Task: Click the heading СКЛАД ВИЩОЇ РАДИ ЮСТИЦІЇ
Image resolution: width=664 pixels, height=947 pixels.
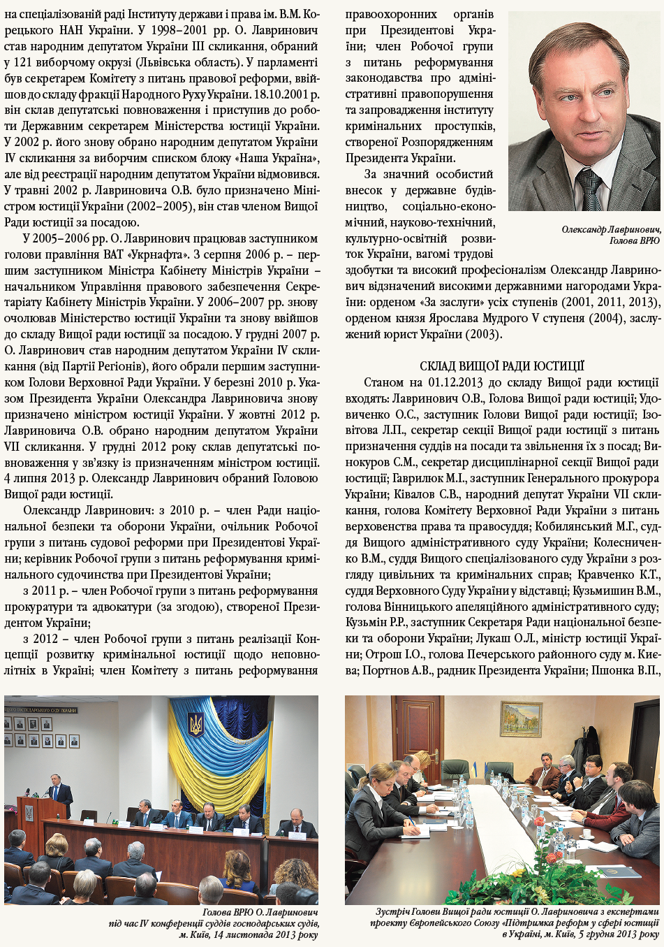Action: (x=502, y=366)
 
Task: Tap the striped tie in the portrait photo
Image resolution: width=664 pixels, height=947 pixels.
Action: (x=589, y=187)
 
